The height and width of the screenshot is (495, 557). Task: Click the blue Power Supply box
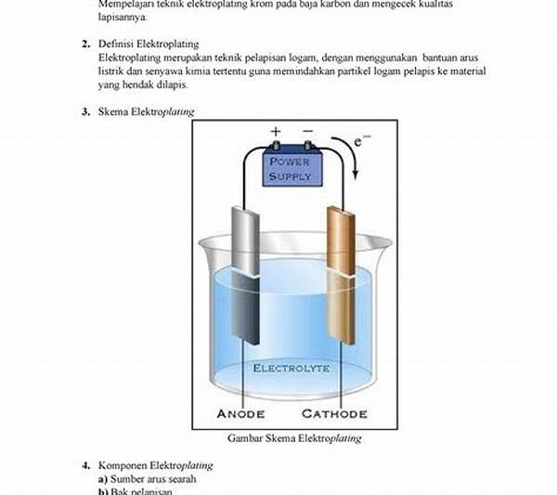pyautogui.click(x=291, y=168)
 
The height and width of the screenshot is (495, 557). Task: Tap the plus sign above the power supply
pyautogui.click(x=275, y=132)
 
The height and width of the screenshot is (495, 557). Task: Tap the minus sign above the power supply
pyautogui.click(x=307, y=132)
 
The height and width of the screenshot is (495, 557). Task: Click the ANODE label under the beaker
pyautogui.click(x=240, y=413)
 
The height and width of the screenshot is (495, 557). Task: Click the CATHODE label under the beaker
pyautogui.click(x=333, y=413)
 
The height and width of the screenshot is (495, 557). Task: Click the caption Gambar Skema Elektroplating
pyautogui.click(x=288, y=438)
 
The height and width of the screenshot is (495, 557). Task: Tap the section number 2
pyautogui.click(x=84, y=44)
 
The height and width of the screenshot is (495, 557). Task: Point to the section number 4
pyautogui.click(x=84, y=464)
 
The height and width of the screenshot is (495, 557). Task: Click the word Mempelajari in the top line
pyautogui.click(x=124, y=5)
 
